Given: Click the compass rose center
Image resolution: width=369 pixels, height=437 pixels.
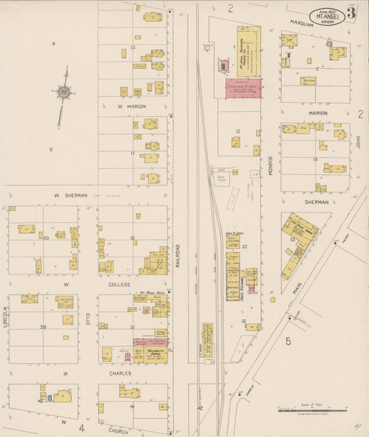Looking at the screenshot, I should click(x=63, y=91).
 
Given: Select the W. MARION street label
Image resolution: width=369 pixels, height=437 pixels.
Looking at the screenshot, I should click(x=132, y=106).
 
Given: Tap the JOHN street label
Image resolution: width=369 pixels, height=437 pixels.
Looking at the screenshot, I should click(x=359, y=142).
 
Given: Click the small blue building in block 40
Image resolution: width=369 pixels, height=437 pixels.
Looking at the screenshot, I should click(x=50, y=398).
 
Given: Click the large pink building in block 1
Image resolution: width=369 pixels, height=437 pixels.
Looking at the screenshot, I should click(x=242, y=88).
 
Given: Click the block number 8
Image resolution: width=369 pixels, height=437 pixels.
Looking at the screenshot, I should click(x=53, y=44).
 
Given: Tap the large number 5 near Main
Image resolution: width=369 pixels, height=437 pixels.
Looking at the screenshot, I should click(x=288, y=340).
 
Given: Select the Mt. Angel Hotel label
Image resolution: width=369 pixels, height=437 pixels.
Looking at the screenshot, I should click(x=151, y=293).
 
